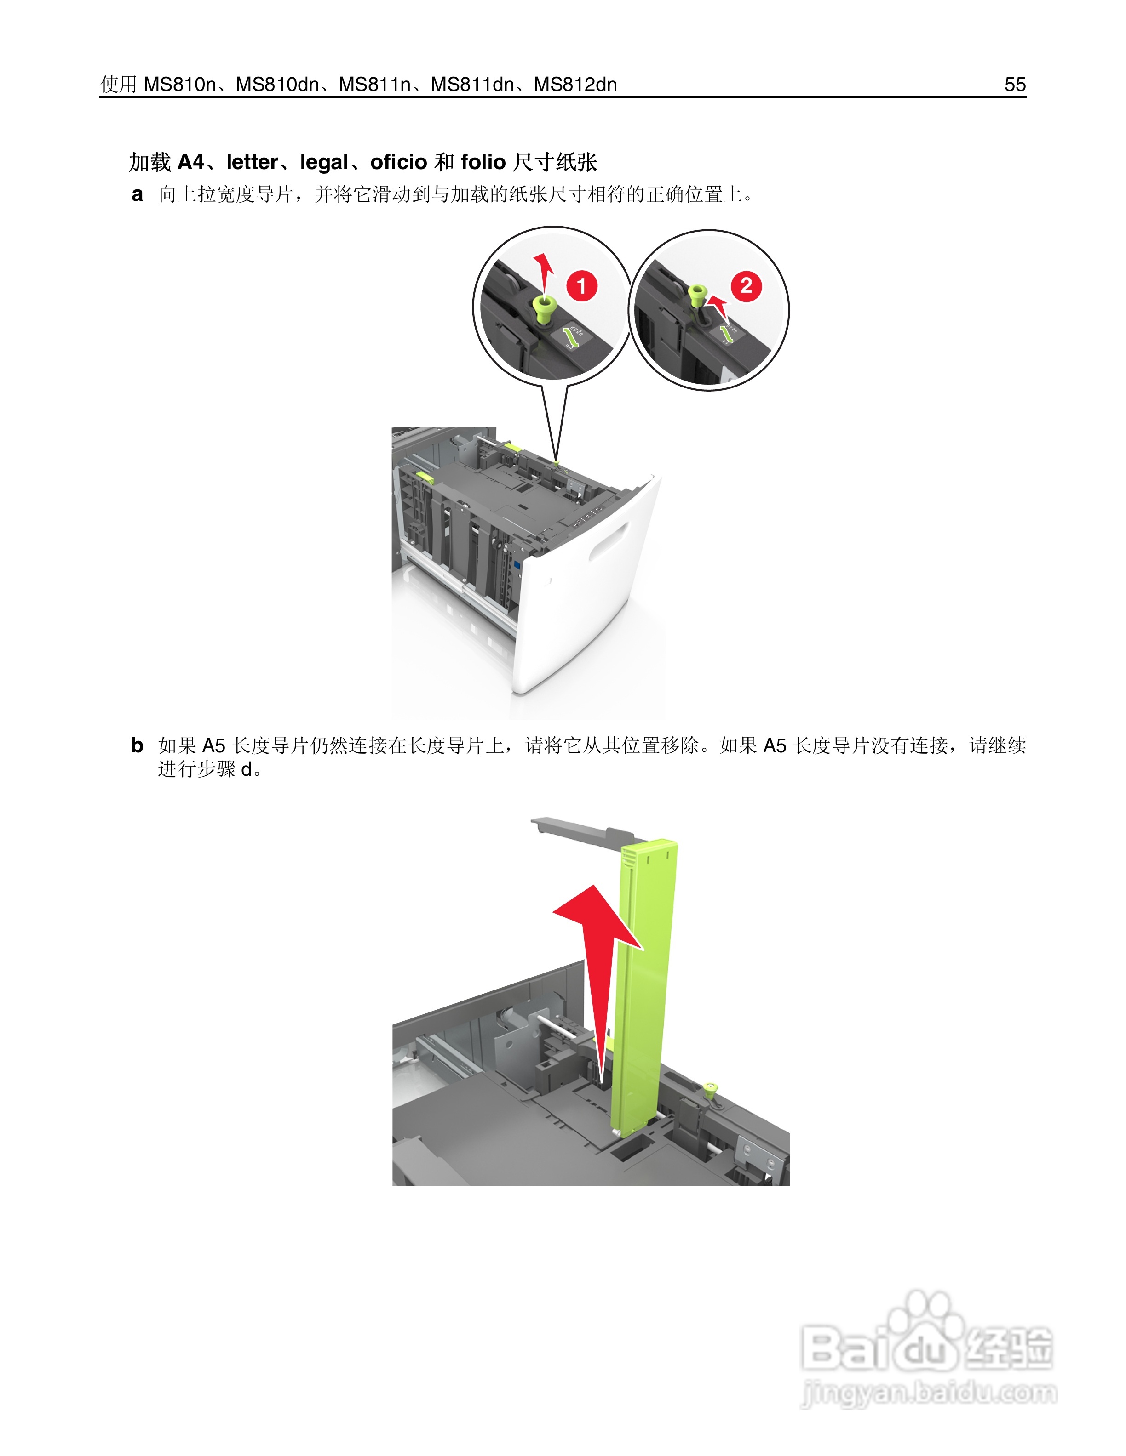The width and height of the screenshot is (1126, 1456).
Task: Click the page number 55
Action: coord(1015,85)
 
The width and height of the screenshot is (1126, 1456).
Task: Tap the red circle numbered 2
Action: coord(746,285)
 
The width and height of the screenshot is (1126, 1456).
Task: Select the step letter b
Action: coord(137,745)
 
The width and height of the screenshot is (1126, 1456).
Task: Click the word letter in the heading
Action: coord(252,162)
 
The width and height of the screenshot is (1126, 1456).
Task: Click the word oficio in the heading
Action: coord(398,162)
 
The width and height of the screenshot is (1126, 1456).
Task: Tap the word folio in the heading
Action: coord(483,162)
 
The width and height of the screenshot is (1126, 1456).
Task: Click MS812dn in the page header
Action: coord(575,85)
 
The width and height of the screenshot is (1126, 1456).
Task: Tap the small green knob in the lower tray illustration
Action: coord(711,1089)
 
